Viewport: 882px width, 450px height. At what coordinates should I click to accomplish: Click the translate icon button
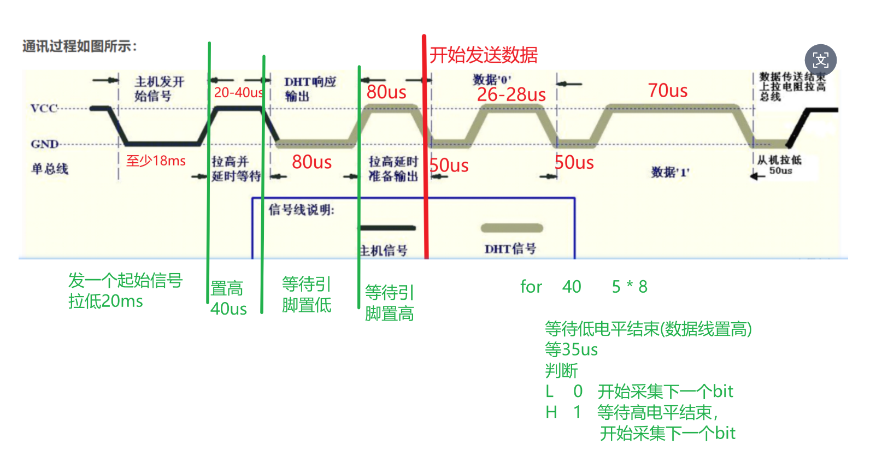pyautogui.click(x=820, y=60)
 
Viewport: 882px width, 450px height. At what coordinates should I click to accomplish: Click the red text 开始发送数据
pyautogui.click(x=484, y=55)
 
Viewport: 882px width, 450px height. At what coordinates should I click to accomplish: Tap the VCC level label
pyautogui.click(x=44, y=108)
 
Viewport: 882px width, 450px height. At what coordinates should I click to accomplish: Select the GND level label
pyautogui.click(x=44, y=144)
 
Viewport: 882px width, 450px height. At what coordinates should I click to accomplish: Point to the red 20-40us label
pyautogui.click(x=238, y=93)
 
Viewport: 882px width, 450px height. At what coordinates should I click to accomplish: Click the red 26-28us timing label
pyautogui.click(x=511, y=95)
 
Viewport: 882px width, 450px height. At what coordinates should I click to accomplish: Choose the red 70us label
pyautogui.click(x=667, y=91)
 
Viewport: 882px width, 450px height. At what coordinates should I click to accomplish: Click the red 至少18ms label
pyautogui.click(x=156, y=161)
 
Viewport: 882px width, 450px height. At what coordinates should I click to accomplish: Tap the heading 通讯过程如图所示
pyautogui.click(x=79, y=46)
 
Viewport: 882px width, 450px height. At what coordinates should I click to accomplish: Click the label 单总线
pyautogui.click(x=50, y=169)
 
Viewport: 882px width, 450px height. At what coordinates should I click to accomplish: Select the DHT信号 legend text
pyautogui.click(x=510, y=249)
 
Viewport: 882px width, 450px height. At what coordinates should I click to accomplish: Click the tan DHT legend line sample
pyautogui.click(x=511, y=228)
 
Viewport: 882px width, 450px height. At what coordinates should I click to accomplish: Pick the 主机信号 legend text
pyautogui.click(x=384, y=251)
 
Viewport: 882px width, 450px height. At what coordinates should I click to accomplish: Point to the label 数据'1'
pyautogui.click(x=670, y=173)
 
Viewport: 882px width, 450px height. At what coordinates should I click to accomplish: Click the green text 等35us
pyautogui.click(x=571, y=350)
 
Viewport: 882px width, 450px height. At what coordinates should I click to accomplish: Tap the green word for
pyautogui.click(x=531, y=287)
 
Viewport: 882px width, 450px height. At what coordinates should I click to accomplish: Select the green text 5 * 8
pyautogui.click(x=630, y=287)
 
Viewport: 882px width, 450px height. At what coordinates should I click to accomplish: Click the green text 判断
pyautogui.click(x=561, y=371)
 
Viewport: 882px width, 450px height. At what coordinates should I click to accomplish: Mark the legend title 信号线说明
pyautogui.click(x=301, y=210)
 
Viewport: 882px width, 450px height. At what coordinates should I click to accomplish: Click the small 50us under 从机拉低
pyautogui.click(x=780, y=171)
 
